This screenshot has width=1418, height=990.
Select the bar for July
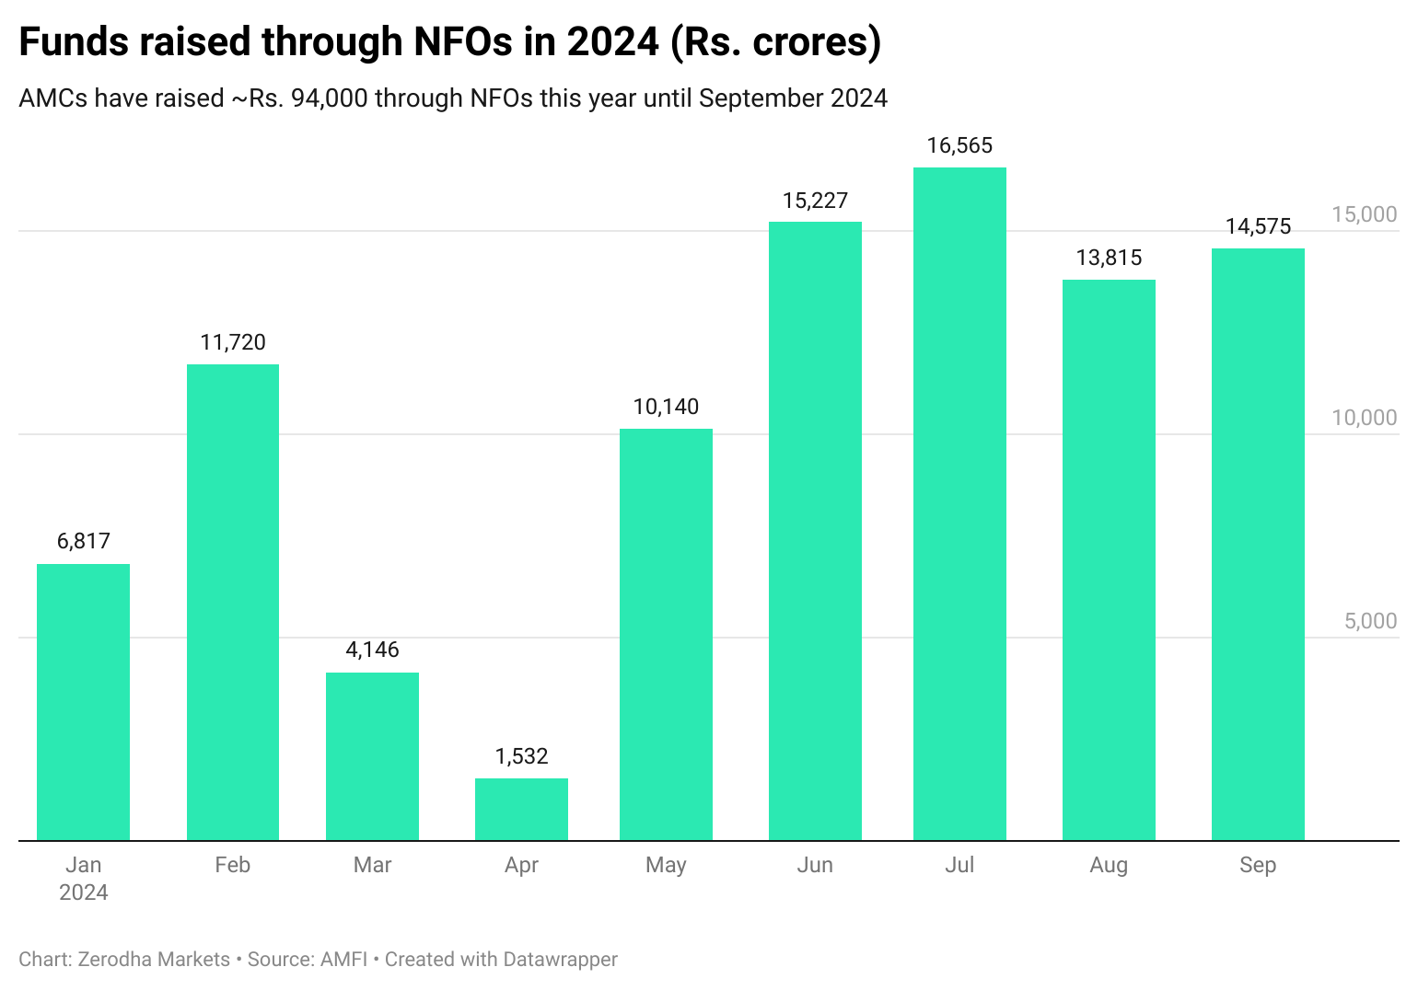tap(959, 503)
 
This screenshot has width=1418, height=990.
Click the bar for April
tap(521, 810)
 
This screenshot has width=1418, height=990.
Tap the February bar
tap(233, 602)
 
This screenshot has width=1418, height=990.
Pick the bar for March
tap(372, 756)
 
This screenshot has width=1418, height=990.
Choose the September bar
tap(1258, 544)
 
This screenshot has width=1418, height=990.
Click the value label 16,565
tap(959, 146)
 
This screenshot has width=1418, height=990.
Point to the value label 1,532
tap(521, 756)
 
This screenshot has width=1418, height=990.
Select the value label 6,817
tap(84, 541)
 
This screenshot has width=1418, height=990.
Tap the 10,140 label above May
tap(666, 407)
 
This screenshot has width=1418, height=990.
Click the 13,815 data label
tap(1109, 258)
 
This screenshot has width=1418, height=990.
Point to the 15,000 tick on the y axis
tap(1364, 214)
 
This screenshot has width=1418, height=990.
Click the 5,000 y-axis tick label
tap(1370, 621)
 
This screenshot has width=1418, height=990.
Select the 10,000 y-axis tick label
tap(1364, 418)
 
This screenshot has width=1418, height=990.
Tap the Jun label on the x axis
tap(815, 865)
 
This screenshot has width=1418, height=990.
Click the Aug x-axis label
tap(1109, 865)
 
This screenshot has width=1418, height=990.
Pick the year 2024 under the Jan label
tap(84, 892)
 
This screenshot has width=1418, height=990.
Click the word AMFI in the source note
tap(343, 960)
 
